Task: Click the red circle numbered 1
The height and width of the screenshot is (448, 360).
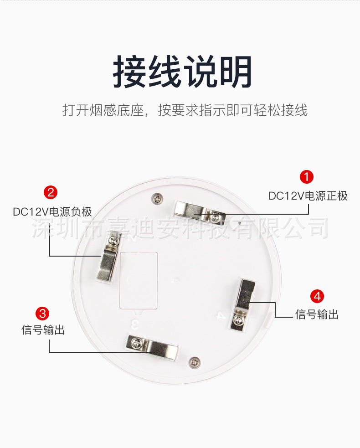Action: pos(307,177)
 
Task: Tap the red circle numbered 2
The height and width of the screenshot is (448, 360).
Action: pos(51,192)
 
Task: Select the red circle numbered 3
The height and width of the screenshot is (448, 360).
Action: pos(42,314)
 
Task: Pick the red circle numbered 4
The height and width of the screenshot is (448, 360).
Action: pos(317,296)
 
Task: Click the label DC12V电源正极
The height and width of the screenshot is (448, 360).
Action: pos(308,196)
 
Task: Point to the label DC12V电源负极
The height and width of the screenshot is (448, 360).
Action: pos(52,212)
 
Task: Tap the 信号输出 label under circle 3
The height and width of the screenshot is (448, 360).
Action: pos(43,330)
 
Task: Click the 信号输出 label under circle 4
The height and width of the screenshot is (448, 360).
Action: pos(317,314)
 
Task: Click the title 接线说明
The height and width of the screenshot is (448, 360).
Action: pos(182,72)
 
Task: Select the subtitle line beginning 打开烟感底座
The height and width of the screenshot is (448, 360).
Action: pos(185,110)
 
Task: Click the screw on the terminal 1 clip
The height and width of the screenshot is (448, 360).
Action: pos(215,218)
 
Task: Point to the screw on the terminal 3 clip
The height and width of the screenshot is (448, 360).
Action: pos(137,343)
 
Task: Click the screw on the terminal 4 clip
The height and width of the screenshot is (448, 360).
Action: pos(239,319)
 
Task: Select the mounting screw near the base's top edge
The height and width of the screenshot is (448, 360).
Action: pos(157,198)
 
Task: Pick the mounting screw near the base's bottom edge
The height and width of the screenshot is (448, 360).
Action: pos(195,363)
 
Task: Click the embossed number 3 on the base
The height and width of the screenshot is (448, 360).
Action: pos(135,324)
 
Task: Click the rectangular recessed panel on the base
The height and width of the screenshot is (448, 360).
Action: pos(139,281)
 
